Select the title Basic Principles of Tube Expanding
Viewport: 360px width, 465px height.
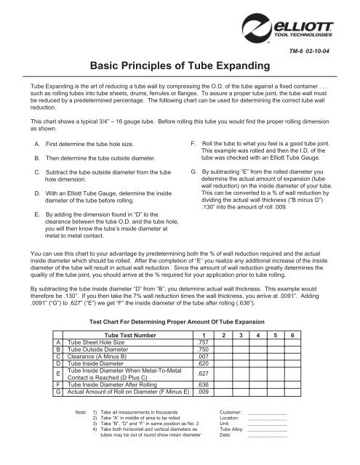[180, 65]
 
